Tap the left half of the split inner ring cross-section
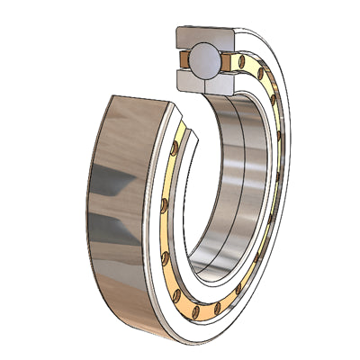click(x=193, y=82)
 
